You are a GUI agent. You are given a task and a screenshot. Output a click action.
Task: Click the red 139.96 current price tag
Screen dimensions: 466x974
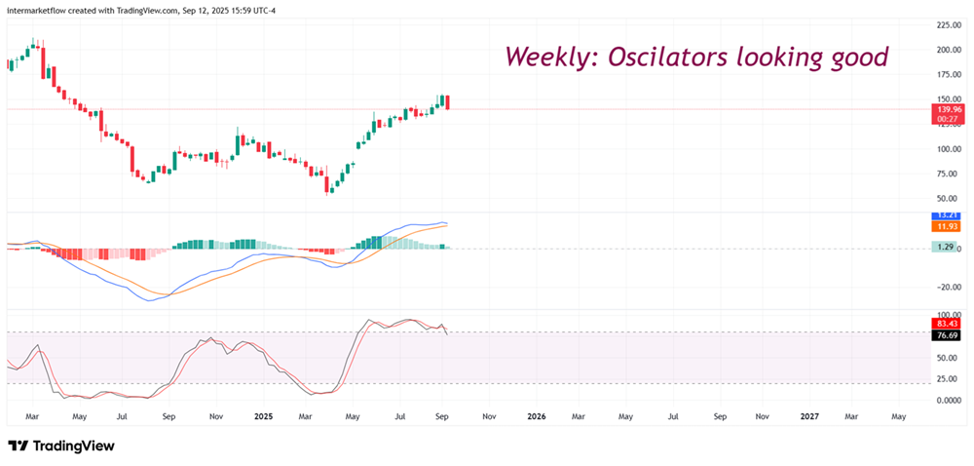coord(947,110)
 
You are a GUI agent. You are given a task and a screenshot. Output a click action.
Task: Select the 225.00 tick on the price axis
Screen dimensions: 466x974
coord(949,24)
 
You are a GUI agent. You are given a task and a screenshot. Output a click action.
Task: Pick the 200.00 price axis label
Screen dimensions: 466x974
coord(949,50)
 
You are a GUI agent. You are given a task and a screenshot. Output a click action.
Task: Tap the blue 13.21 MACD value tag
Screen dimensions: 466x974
coord(947,214)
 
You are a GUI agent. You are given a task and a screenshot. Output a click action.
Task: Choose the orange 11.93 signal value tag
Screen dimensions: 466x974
coord(947,226)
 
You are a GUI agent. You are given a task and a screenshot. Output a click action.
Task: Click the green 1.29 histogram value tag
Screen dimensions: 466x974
coord(945,248)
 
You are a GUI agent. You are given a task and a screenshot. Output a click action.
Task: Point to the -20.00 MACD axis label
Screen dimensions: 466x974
coord(950,287)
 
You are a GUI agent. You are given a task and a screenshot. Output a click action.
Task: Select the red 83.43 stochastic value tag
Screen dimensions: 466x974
coord(947,324)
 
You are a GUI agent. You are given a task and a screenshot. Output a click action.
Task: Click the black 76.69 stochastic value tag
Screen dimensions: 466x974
coord(947,335)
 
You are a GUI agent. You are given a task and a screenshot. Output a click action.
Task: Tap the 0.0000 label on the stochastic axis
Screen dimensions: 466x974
coord(951,400)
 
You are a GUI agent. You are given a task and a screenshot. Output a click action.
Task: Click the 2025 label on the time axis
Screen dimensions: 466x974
coord(264,416)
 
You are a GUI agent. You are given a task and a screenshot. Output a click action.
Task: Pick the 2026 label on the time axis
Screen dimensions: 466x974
coord(536,416)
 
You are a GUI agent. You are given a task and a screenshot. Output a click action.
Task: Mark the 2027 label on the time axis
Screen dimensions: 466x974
coord(808,416)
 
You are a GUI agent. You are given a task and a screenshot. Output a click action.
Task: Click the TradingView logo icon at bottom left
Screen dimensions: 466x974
coord(18,446)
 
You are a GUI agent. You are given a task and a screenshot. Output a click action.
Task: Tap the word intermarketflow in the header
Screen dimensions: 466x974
coord(40,10)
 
